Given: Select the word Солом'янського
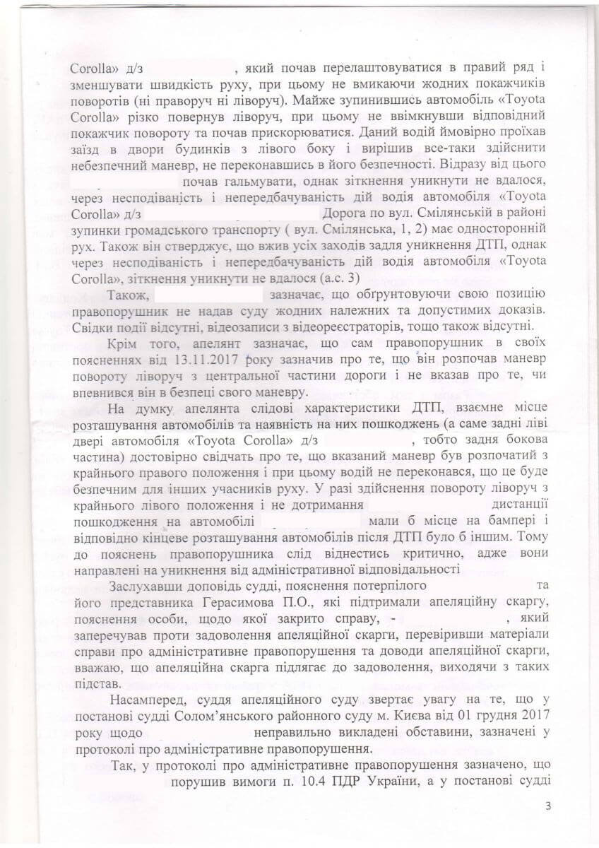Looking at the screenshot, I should click(222, 717).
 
